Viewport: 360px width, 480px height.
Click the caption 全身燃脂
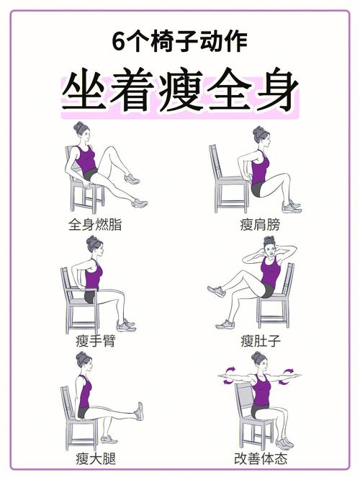click(x=95, y=224)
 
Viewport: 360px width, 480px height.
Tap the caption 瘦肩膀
click(x=260, y=224)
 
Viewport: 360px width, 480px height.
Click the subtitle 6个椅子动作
click(x=180, y=42)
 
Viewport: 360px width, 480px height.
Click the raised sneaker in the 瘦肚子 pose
click(x=216, y=291)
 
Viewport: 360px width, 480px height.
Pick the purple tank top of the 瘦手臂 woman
click(x=93, y=275)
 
